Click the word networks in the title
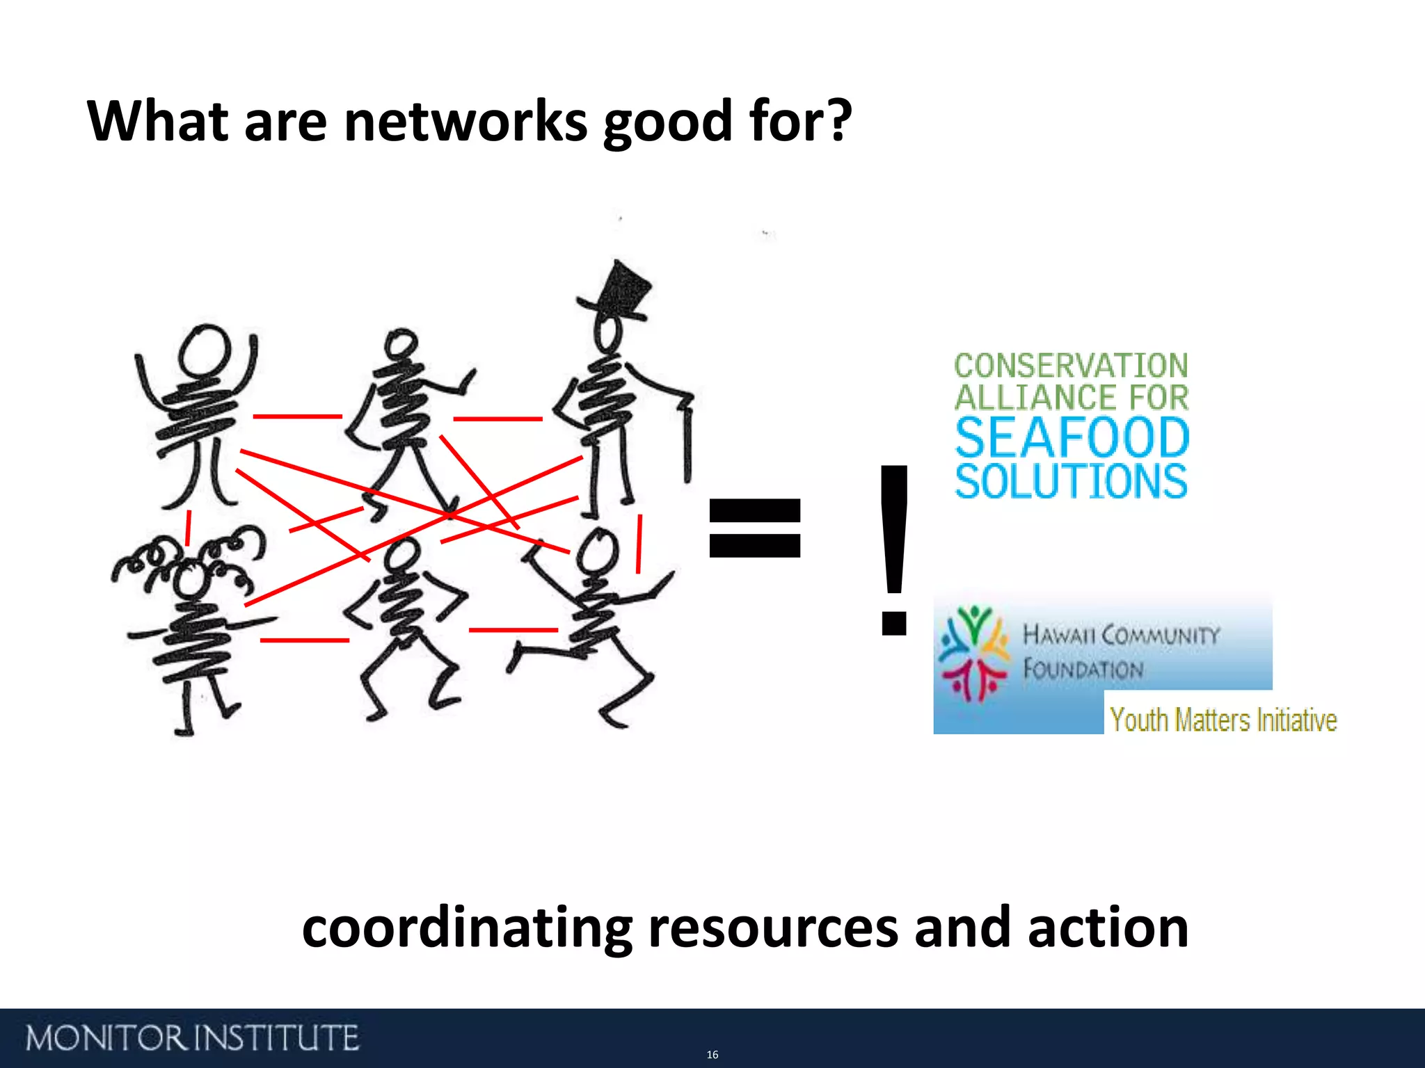tap(465, 122)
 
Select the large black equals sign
tap(754, 528)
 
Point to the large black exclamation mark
tap(894, 549)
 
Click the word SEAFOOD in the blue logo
tap(1072, 437)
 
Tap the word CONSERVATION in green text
tap(1071, 366)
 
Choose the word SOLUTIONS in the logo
tap(1072, 481)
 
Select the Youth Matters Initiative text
tap(1223, 720)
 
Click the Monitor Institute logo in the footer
tap(192, 1038)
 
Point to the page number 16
tap(712, 1055)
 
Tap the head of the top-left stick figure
tap(204, 350)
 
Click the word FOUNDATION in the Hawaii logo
tap(1083, 669)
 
